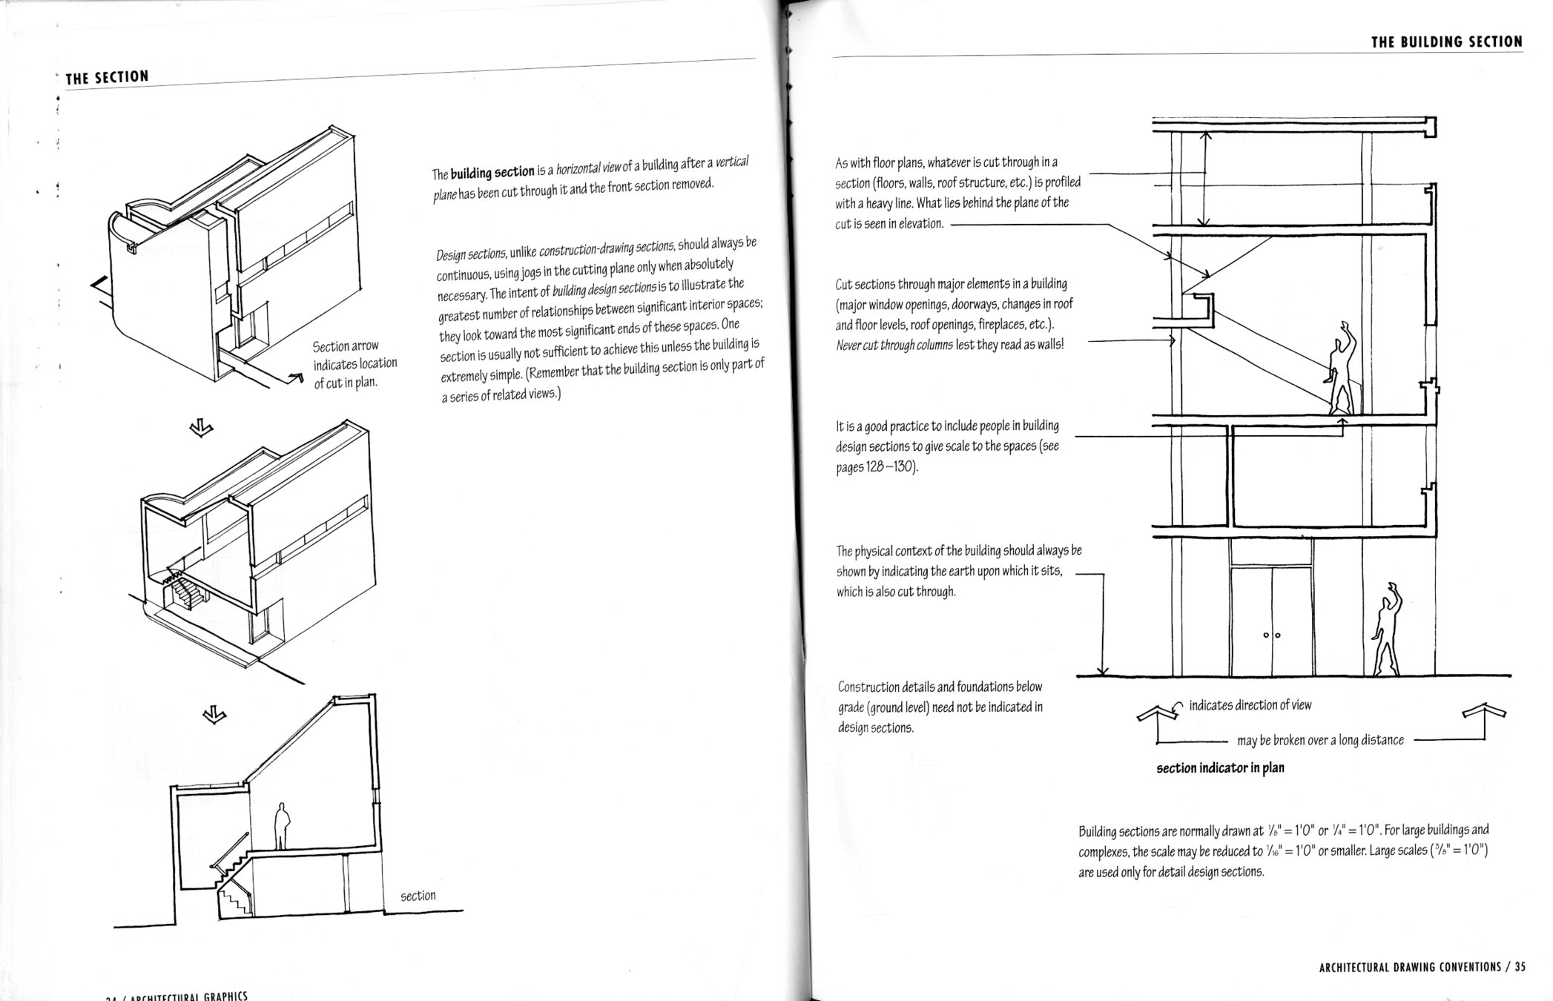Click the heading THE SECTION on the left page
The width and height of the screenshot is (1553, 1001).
click(107, 77)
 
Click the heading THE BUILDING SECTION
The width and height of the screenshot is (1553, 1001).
click(1446, 42)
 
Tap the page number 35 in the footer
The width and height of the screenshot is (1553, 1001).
click(1520, 967)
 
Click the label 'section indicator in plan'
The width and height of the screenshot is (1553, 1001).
click(1220, 768)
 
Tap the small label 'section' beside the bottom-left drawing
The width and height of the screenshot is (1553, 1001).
click(418, 896)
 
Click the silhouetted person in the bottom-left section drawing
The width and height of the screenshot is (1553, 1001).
click(282, 826)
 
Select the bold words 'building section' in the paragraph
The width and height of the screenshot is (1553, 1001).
click(492, 173)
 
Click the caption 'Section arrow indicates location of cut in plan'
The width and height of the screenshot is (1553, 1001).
click(354, 364)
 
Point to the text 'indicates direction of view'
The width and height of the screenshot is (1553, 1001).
click(1250, 705)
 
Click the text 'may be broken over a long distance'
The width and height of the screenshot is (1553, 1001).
click(1320, 740)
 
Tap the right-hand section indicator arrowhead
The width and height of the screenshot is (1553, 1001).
click(1484, 713)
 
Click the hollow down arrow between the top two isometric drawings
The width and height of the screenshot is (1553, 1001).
click(201, 428)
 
